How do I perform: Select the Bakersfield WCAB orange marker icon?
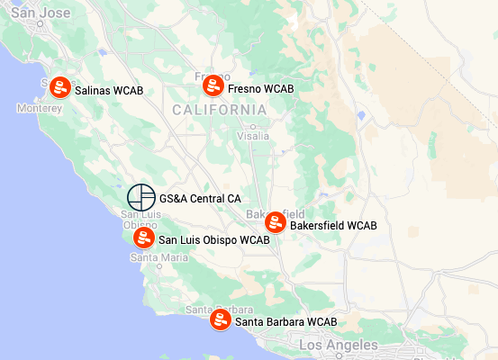pyautogui.click(x=276, y=222)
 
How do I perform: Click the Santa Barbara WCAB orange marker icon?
pyautogui.click(x=220, y=319)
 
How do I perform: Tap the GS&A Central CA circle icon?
pyautogui.click(x=140, y=197)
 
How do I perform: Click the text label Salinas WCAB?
pyautogui.click(x=109, y=91)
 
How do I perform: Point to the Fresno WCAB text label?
pyautogui.click(x=261, y=89)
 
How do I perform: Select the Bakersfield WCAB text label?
pyautogui.click(x=333, y=226)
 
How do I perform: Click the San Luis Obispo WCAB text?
pyautogui.click(x=214, y=240)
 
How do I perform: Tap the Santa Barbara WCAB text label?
pyautogui.click(x=285, y=321)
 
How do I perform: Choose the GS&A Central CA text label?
pyautogui.click(x=200, y=198)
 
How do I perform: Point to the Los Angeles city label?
pyautogui.click(x=339, y=346)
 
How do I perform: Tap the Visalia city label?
pyautogui.click(x=252, y=136)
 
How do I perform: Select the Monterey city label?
pyautogui.click(x=40, y=108)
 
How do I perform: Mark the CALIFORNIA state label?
pyautogui.click(x=219, y=110)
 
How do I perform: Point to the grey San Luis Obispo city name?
pyautogui.click(x=139, y=219)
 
